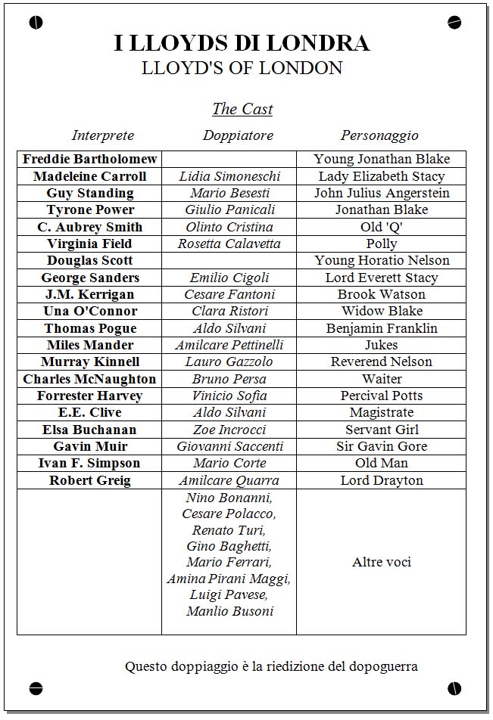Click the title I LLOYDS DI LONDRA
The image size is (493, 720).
242,43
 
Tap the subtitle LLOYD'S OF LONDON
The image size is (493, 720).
242,68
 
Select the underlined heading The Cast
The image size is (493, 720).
242,109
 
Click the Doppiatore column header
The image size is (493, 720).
238,135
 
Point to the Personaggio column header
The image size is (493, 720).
379,135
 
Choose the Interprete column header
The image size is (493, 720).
103,135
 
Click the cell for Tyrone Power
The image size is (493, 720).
90,209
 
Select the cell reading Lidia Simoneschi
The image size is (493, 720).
229,176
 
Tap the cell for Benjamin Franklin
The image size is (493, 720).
382,328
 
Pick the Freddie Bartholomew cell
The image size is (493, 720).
90,159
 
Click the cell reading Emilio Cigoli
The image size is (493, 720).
229,278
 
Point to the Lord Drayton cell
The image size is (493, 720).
382,480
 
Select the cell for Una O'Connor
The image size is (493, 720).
90,311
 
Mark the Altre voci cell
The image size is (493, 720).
382,562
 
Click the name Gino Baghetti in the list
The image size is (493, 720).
229,546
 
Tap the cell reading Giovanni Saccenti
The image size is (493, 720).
229,446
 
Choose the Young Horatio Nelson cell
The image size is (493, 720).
382,260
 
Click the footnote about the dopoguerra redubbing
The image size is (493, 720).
271,666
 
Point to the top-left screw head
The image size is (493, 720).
36,23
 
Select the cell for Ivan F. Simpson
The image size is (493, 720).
90,463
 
